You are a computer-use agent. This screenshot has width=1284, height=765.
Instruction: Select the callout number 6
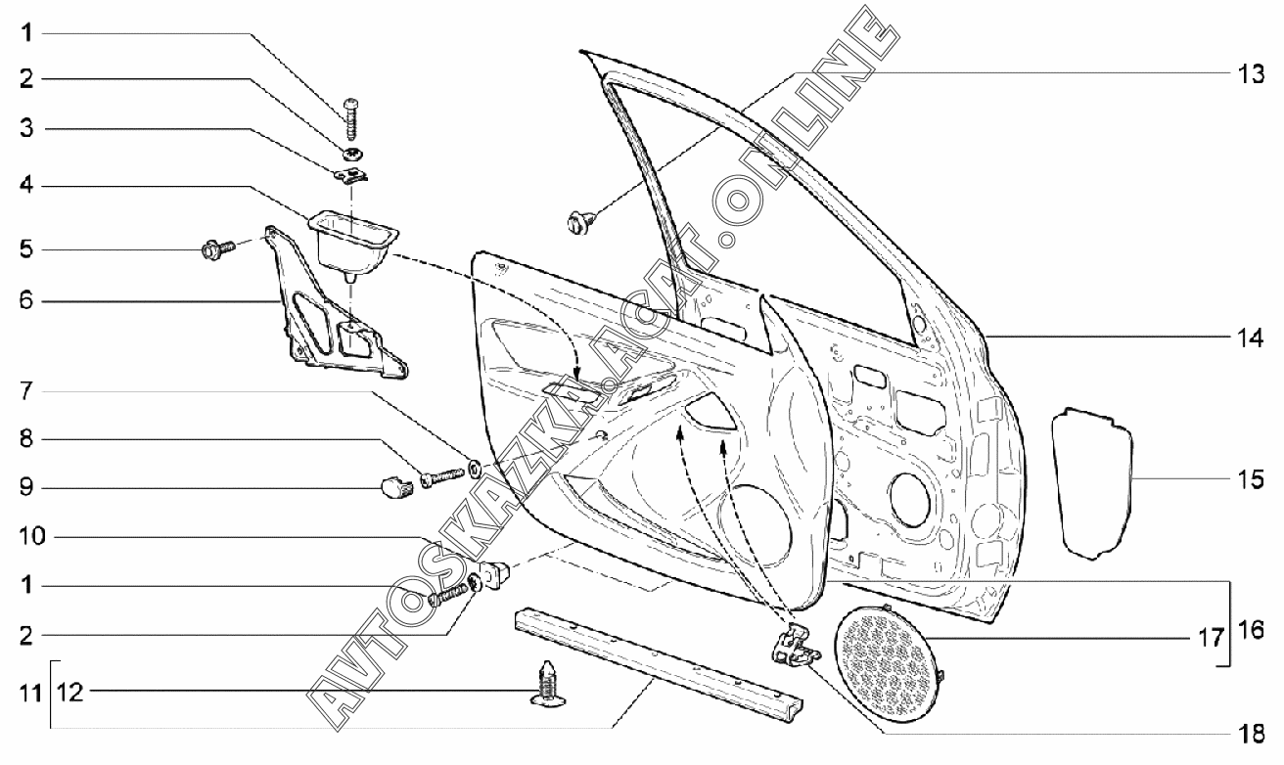click(x=27, y=300)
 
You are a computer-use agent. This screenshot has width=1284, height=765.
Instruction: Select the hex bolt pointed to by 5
click(x=213, y=250)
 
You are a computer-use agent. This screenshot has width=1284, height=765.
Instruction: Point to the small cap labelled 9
click(x=395, y=484)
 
